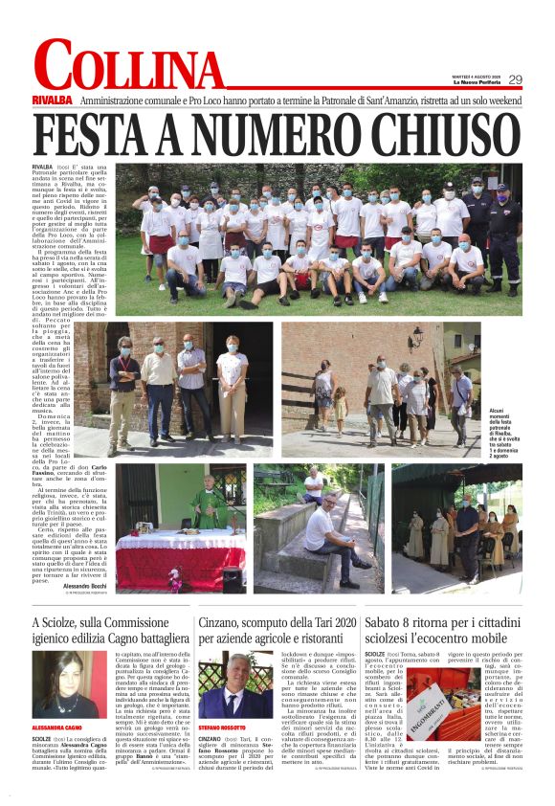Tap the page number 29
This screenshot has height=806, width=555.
tap(516, 79)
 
